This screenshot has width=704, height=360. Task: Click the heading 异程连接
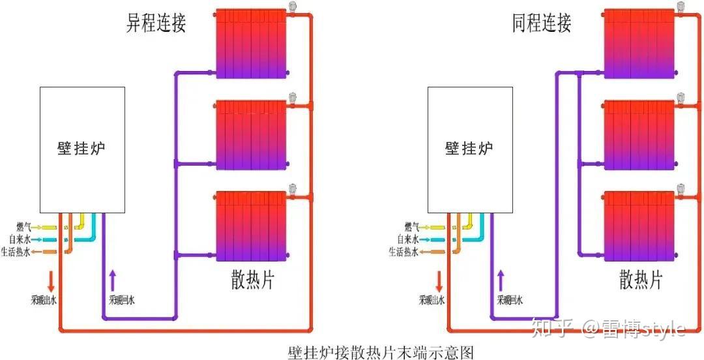click(156, 23)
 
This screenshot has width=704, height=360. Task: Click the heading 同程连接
click(542, 23)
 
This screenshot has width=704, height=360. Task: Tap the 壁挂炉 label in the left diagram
click(81, 149)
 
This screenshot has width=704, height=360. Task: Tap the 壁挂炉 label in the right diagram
click(469, 149)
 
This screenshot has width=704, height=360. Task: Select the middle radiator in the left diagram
click(251, 134)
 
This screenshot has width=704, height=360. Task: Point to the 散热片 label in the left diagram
click(253, 280)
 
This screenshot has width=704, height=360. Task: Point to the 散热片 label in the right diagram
click(641, 280)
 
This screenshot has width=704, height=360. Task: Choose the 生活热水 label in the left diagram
click(17, 252)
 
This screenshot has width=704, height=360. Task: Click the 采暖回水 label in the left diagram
click(122, 301)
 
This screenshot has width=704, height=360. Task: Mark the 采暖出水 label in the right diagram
click(432, 301)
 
